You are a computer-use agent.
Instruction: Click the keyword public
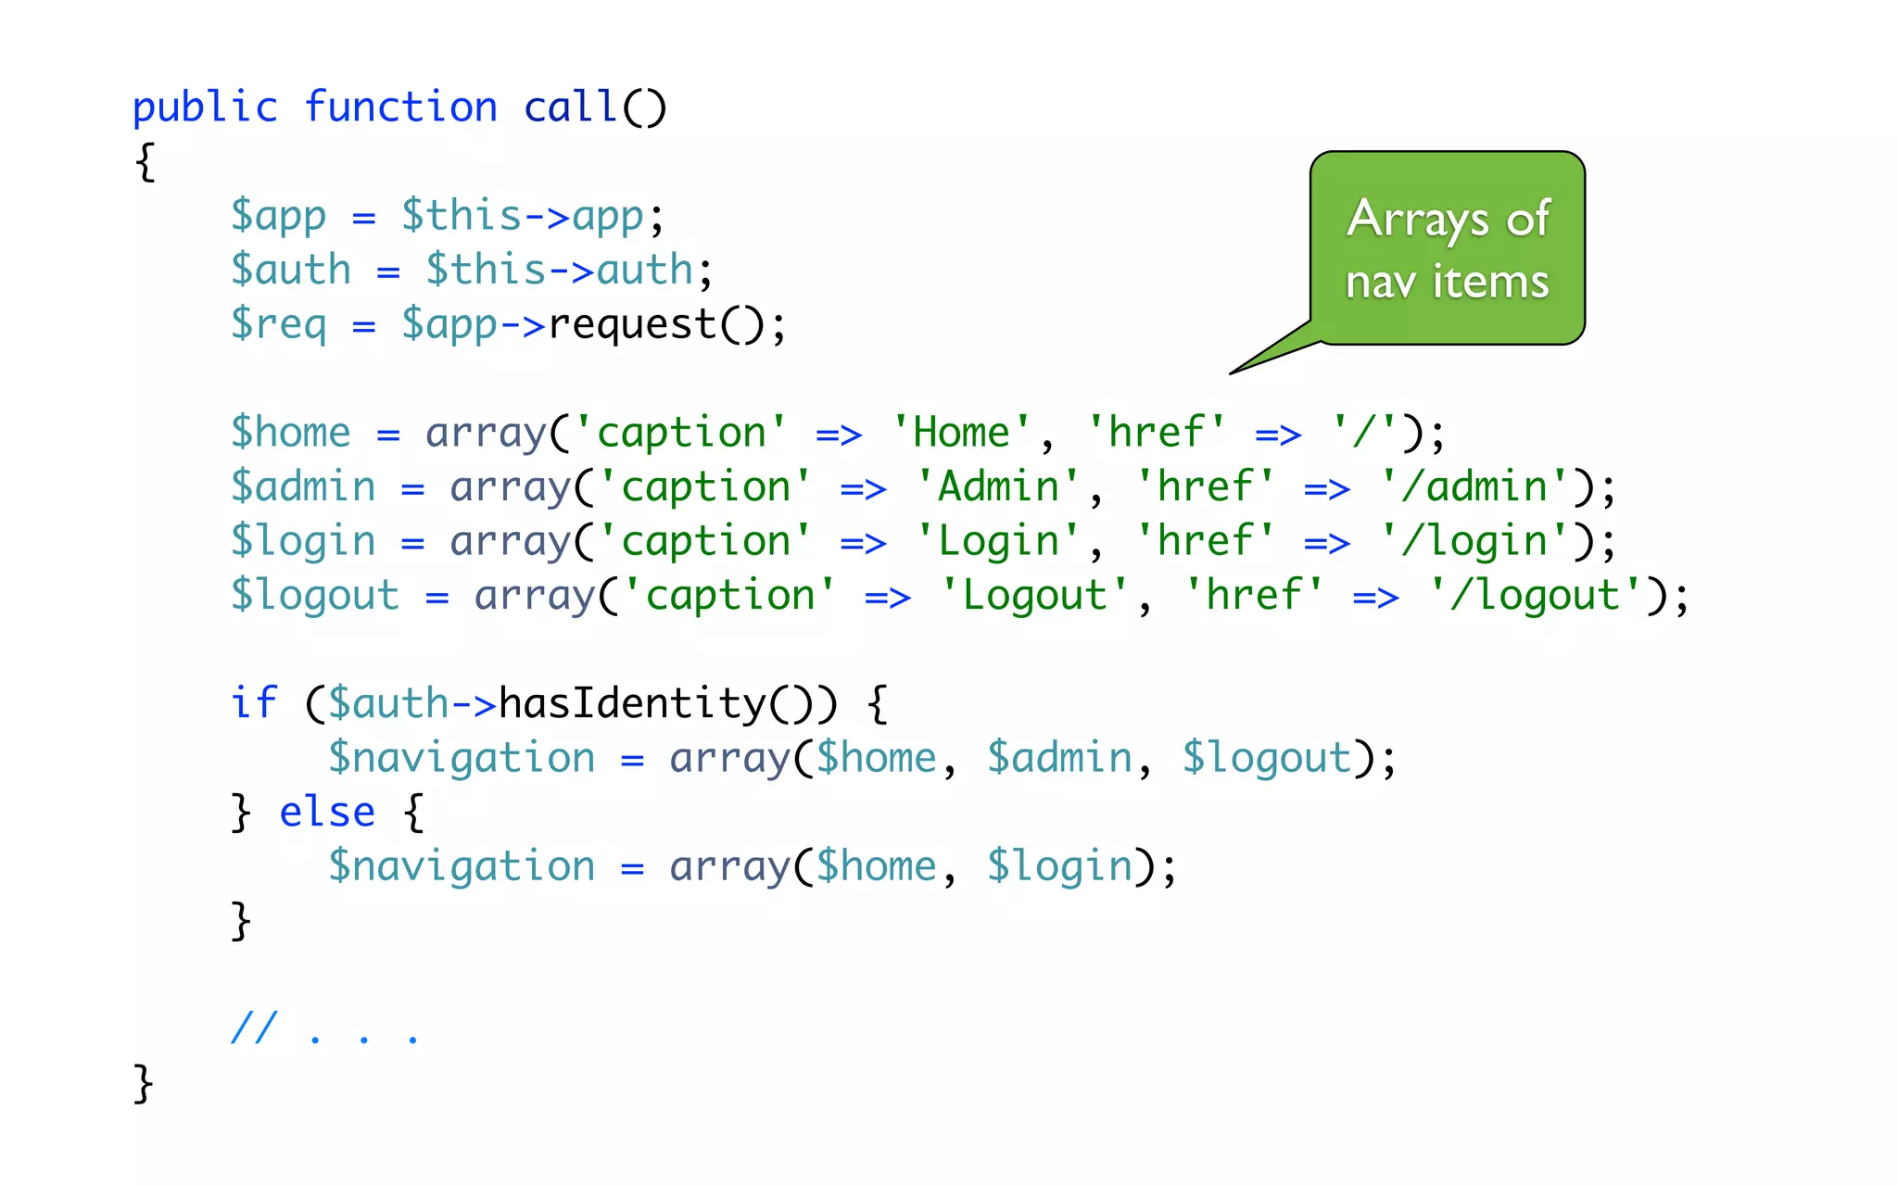point(205,108)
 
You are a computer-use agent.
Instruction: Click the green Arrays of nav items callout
point(1447,248)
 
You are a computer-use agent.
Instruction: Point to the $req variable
point(278,325)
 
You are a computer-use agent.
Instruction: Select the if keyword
point(253,703)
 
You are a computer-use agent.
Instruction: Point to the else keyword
point(327,813)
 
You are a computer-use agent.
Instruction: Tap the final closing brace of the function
point(143,1083)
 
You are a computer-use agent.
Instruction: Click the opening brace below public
point(145,162)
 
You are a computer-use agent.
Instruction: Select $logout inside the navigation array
point(1267,759)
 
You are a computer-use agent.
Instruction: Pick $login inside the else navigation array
point(1059,867)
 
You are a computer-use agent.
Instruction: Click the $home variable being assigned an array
point(290,433)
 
